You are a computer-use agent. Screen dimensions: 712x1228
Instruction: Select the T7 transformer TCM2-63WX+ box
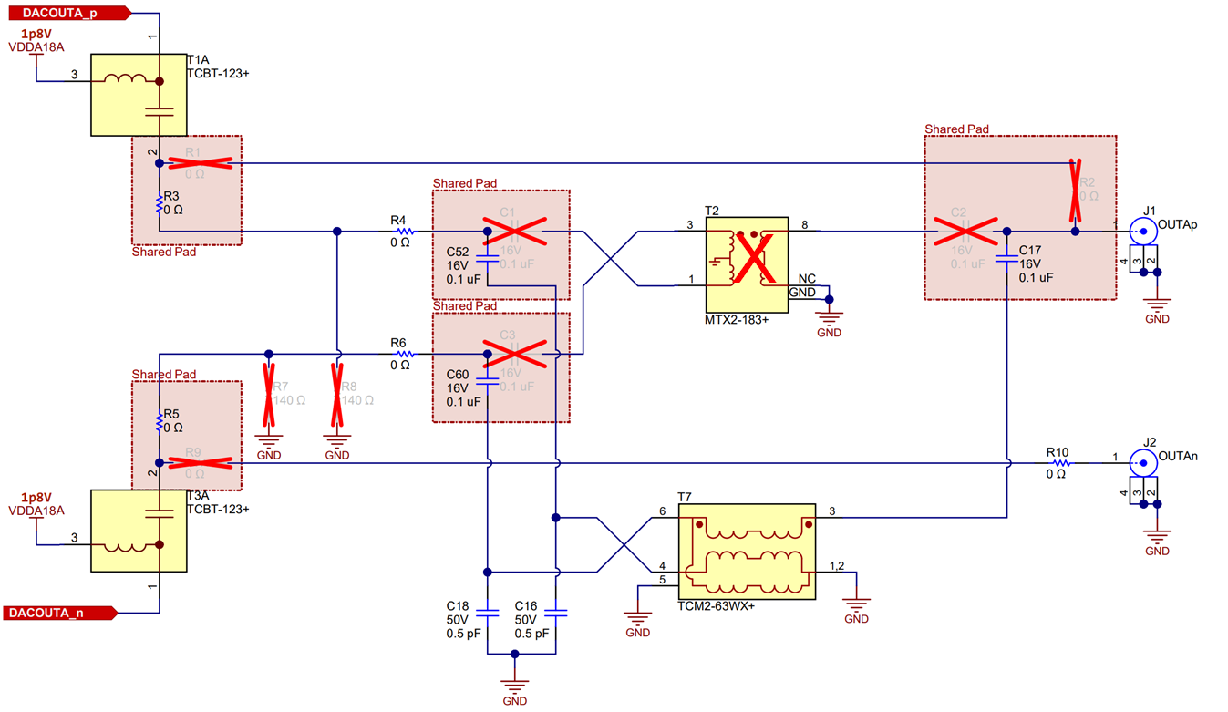tap(746, 552)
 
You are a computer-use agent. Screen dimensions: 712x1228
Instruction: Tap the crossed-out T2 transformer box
tap(746, 264)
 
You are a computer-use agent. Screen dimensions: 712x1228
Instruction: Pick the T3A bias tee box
tap(138, 531)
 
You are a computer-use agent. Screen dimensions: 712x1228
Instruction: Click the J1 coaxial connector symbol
tap(1140, 228)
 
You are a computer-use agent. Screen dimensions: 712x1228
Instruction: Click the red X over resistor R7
tap(269, 395)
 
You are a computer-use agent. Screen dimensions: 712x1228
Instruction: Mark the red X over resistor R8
tap(336, 395)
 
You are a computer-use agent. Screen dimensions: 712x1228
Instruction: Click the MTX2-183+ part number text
tap(736, 320)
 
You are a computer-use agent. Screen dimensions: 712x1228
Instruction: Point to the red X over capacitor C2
tap(957, 232)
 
